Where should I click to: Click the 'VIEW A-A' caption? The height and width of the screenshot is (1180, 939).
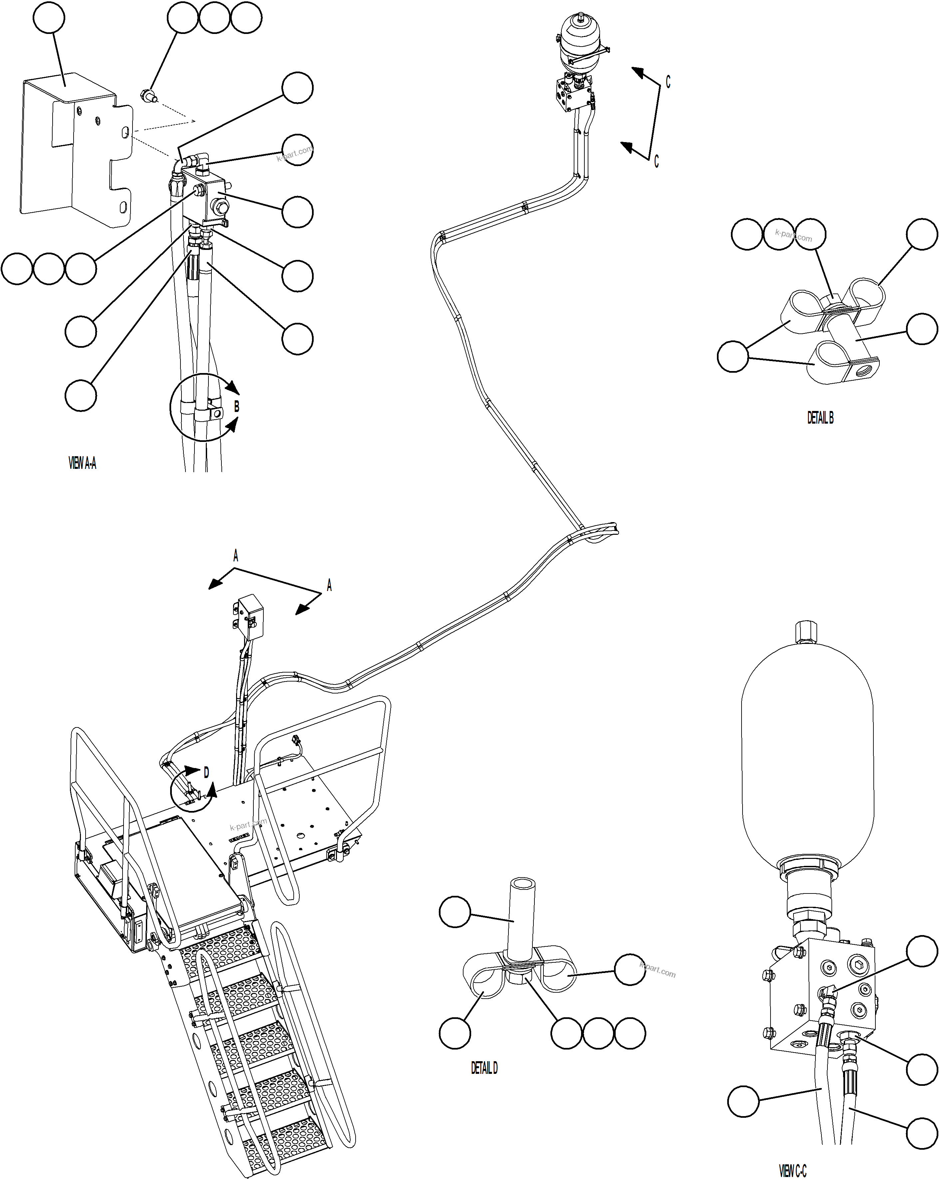82,464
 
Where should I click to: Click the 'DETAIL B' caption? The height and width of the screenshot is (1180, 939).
820,418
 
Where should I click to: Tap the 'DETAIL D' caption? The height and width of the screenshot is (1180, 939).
484,1068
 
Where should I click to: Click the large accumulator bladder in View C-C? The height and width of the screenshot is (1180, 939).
807,755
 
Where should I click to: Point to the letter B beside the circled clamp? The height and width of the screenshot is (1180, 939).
236,407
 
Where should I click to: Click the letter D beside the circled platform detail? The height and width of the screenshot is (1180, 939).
206,773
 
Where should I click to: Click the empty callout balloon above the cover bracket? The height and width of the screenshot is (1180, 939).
49,18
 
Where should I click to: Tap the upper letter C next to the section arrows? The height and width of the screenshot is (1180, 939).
667,82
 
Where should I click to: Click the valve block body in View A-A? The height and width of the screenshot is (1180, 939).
205,197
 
